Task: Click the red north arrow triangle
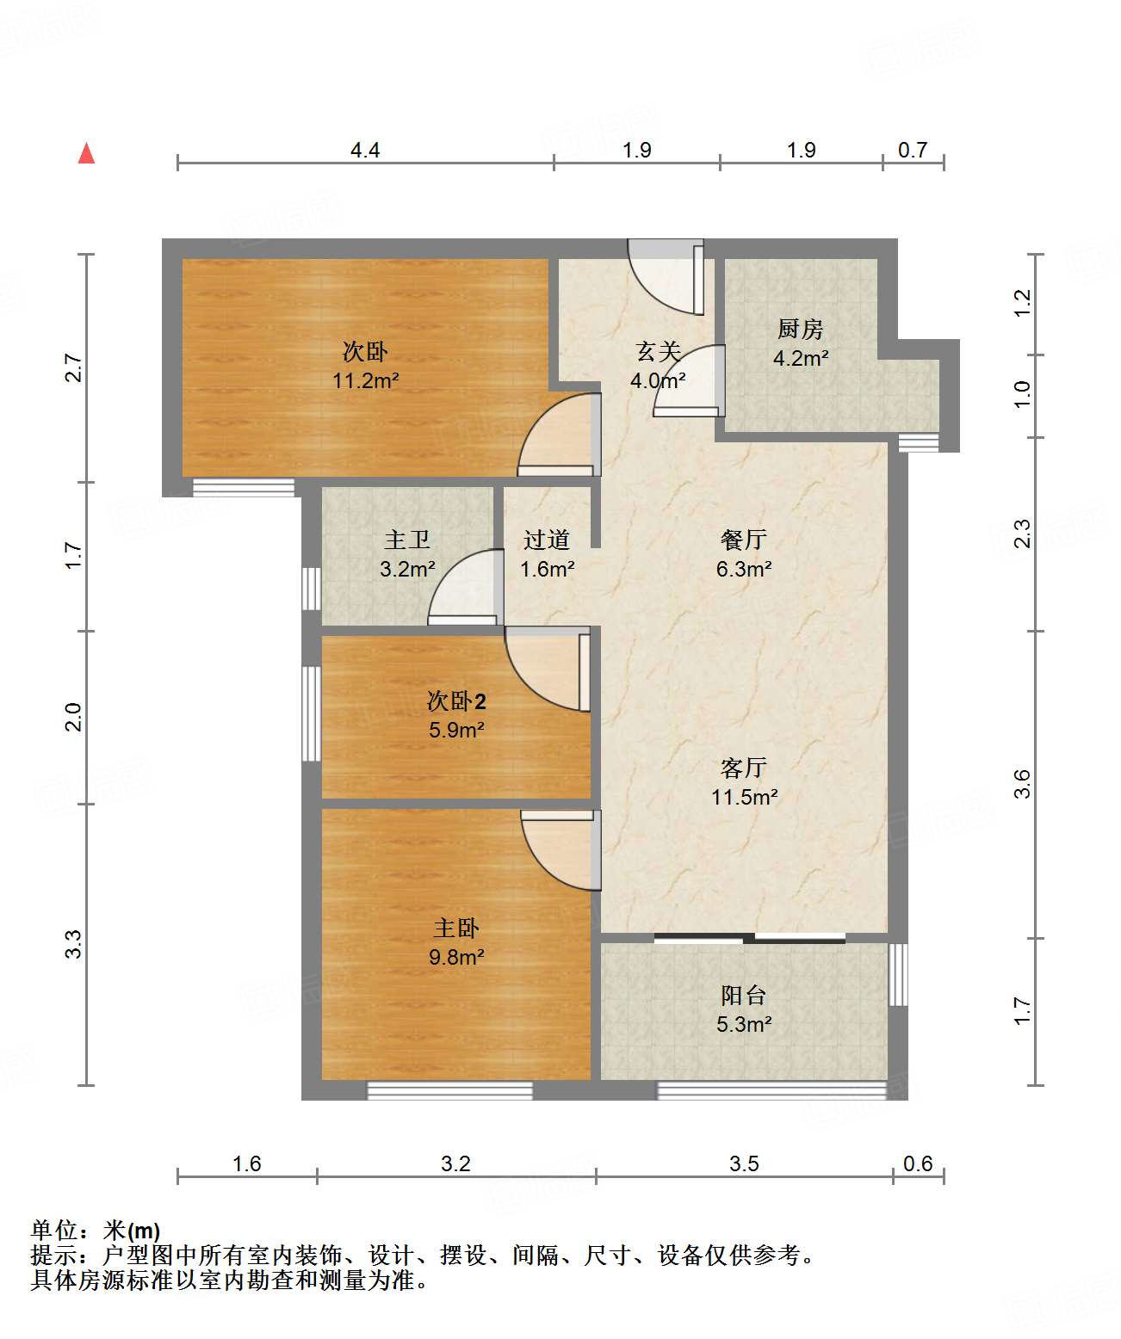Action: point(86,154)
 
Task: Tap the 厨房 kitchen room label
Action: point(800,329)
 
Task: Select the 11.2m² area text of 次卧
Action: point(365,381)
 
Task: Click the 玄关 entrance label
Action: point(658,351)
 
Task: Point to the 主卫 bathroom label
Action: point(407,540)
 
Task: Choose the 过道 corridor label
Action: point(546,540)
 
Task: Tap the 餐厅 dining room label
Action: point(743,540)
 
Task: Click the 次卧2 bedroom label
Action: point(456,701)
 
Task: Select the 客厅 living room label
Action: point(743,768)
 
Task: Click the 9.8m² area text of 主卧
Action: point(456,958)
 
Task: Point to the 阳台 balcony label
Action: point(743,996)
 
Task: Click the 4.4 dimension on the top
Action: point(364,150)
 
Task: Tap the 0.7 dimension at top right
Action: point(912,150)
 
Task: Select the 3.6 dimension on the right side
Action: point(1022,784)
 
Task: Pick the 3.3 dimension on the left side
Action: point(74,944)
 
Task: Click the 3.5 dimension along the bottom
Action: point(744,1164)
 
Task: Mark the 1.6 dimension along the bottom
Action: point(246,1164)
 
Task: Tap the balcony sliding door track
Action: point(749,938)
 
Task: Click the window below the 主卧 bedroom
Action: point(449,1090)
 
